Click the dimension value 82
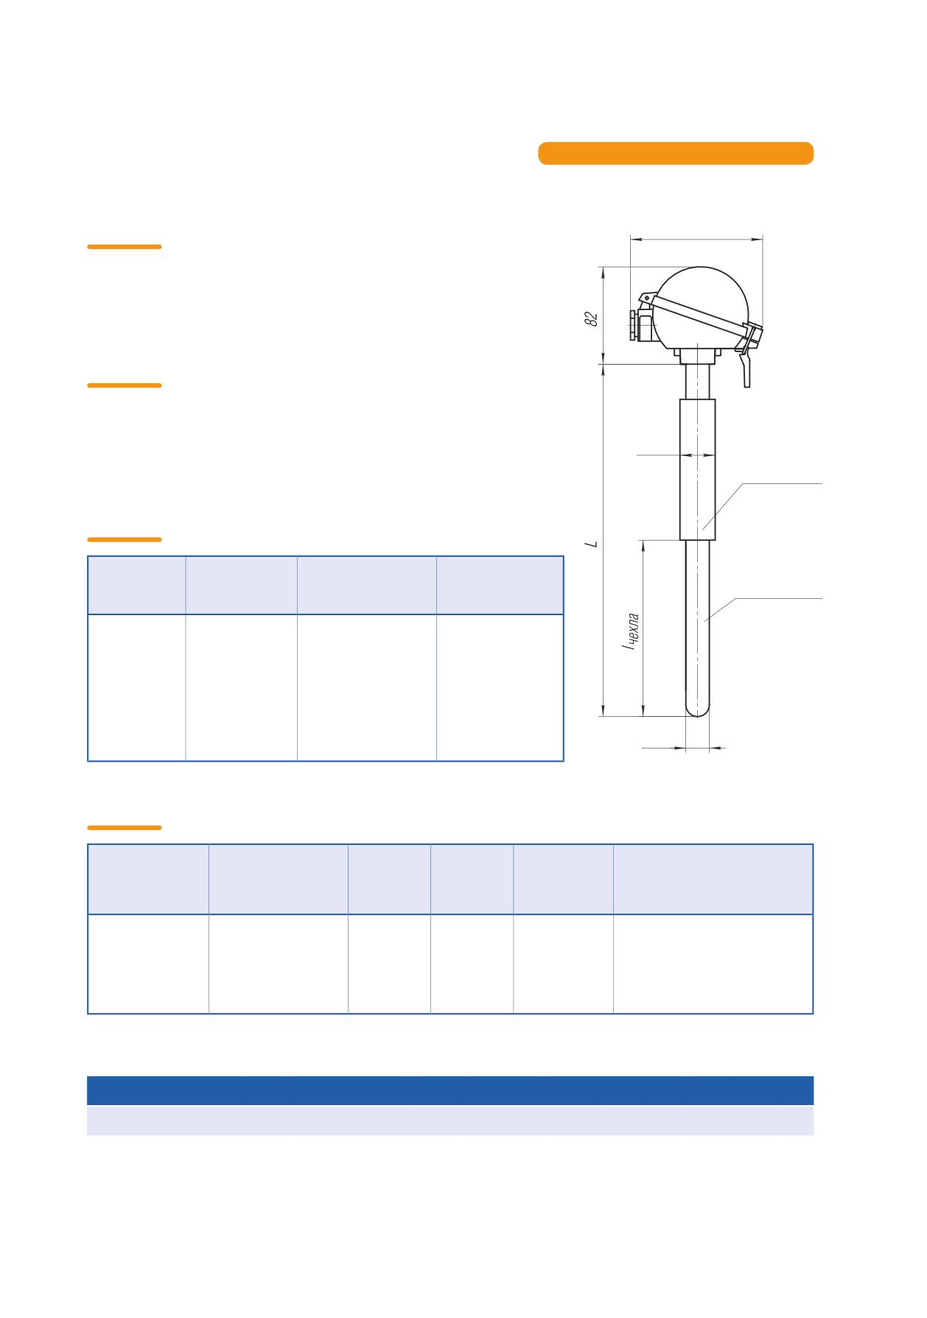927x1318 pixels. point(590,319)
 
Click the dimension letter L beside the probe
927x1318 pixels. point(591,544)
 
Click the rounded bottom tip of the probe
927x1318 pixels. point(697,710)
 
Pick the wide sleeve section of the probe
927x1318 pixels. point(697,469)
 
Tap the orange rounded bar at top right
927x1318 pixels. point(676,153)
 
